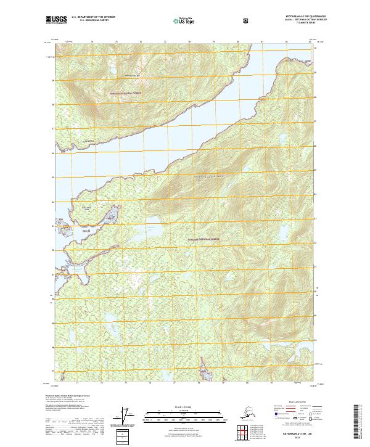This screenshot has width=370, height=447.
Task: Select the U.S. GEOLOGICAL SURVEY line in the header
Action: (x=91, y=22)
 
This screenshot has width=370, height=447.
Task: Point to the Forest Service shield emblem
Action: (x=247, y=21)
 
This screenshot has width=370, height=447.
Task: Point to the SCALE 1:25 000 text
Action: (x=184, y=407)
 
